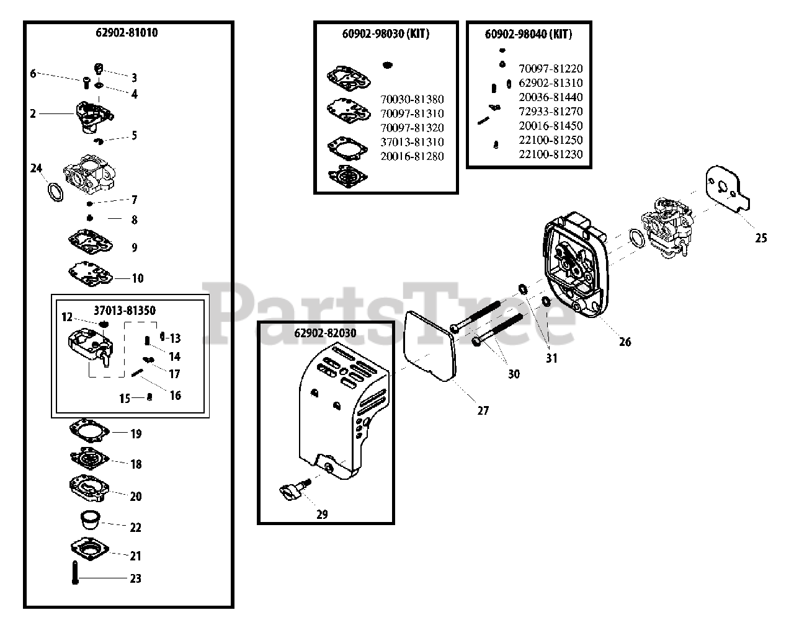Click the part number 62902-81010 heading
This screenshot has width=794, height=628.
pyautogui.click(x=127, y=33)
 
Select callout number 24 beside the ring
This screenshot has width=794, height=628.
pyautogui.click(x=36, y=168)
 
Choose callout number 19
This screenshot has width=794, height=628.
pyautogui.click(x=136, y=433)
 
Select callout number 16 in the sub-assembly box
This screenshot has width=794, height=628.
pyautogui.click(x=176, y=396)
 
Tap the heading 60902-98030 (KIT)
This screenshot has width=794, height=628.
pyautogui.click(x=385, y=34)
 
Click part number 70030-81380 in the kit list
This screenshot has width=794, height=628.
pyautogui.click(x=412, y=99)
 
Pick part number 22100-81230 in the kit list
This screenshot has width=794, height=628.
pyautogui.click(x=551, y=154)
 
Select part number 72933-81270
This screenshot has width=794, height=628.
pyautogui.click(x=551, y=112)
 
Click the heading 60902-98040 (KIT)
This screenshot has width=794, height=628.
pyautogui.click(x=528, y=34)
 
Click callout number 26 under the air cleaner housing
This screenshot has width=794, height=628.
pyautogui.click(x=625, y=342)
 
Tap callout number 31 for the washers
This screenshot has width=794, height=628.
pyautogui.click(x=551, y=358)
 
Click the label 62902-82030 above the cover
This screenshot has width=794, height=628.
pyautogui.click(x=325, y=333)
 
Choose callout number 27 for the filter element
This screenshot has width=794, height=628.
pyautogui.click(x=483, y=410)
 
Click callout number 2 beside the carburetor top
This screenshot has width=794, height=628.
pyautogui.click(x=33, y=113)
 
